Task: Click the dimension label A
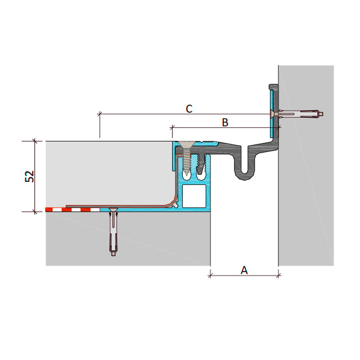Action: [x=244, y=270]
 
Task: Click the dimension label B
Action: [x=225, y=122]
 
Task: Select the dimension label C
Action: [x=189, y=109]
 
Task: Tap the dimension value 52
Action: [x=29, y=176]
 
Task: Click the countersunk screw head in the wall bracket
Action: [x=272, y=114]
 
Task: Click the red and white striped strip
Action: [x=72, y=210]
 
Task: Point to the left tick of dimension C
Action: [x=99, y=114]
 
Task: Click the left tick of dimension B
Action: [x=172, y=127]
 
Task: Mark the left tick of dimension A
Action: [x=210, y=275]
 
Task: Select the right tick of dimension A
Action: [x=279, y=275]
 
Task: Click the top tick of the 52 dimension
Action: [x=35, y=141]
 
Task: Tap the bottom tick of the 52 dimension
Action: [x=35, y=211]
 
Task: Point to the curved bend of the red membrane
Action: [x=175, y=200]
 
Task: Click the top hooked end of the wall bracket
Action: [x=274, y=87]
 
